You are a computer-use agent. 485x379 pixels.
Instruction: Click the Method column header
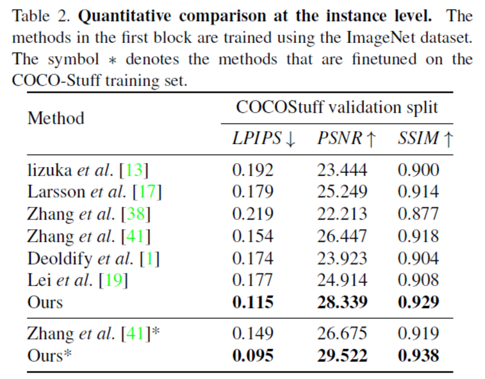click(x=56, y=118)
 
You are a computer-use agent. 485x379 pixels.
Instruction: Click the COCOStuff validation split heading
click(x=337, y=106)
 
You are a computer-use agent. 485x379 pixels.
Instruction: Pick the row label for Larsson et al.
click(x=94, y=191)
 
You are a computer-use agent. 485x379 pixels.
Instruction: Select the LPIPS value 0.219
click(x=252, y=214)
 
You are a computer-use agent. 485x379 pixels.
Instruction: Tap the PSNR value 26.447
click(x=342, y=236)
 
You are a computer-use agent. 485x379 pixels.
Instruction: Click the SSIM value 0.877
click(x=418, y=214)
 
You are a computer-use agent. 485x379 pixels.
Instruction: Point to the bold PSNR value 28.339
click(x=342, y=302)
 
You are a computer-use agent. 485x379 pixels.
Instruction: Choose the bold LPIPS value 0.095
click(x=252, y=355)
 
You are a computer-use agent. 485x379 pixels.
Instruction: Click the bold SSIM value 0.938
click(x=418, y=355)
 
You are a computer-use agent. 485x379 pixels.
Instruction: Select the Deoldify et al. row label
click(x=94, y=258)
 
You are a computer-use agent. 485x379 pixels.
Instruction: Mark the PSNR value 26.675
click(x=342, y=334)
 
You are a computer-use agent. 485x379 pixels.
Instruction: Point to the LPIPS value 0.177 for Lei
click(x=252, y=280)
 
